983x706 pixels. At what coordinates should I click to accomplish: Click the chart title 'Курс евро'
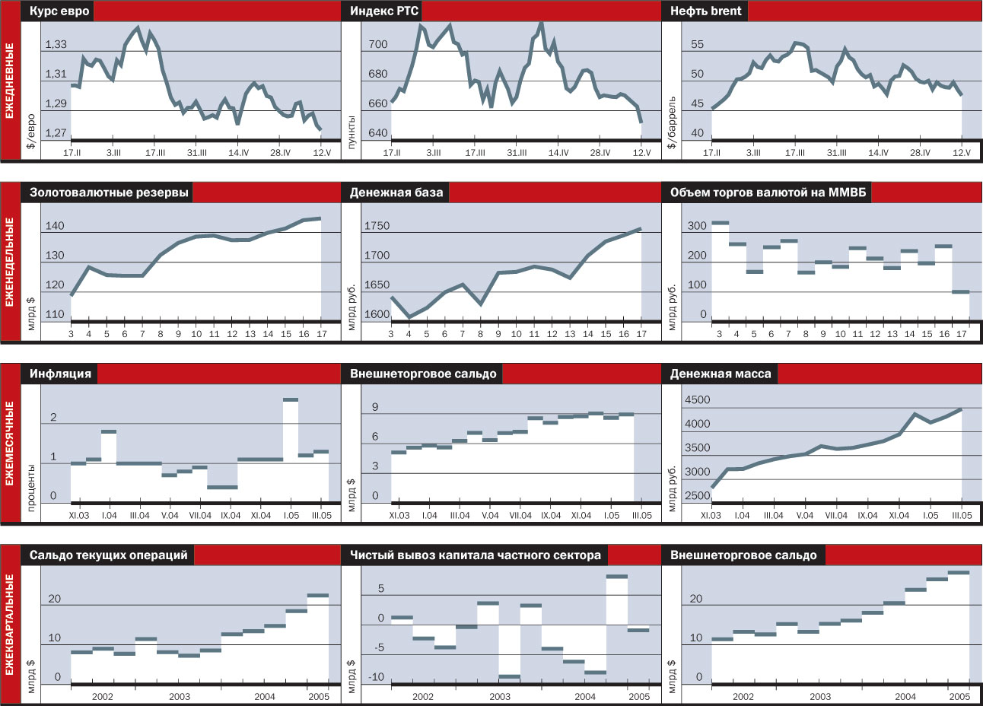59,11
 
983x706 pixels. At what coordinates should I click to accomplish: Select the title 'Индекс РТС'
384,11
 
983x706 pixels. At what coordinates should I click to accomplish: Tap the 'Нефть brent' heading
705,11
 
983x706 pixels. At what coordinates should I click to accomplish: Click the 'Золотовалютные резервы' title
109,192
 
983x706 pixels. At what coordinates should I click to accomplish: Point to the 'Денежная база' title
396,192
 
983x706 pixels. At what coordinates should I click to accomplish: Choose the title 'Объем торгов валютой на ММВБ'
768,192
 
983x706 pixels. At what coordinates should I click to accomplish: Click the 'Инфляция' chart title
60,374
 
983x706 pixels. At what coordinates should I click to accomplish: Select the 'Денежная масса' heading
720,374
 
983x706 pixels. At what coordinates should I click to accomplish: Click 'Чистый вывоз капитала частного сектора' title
475,555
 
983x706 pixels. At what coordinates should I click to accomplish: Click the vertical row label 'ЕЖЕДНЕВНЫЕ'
10,80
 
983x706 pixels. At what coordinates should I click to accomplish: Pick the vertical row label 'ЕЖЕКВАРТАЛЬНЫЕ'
10,624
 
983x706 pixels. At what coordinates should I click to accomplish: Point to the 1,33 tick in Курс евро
56,44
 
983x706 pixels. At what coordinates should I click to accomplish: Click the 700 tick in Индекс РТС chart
377,44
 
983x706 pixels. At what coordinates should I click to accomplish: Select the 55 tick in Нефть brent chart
697,44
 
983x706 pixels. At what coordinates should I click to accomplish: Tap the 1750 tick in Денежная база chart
377,226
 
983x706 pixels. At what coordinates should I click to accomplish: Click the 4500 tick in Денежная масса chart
697,399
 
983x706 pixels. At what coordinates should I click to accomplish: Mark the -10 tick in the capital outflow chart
376,677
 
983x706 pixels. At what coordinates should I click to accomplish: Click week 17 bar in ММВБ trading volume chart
961,291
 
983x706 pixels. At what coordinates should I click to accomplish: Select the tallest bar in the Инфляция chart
290,399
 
